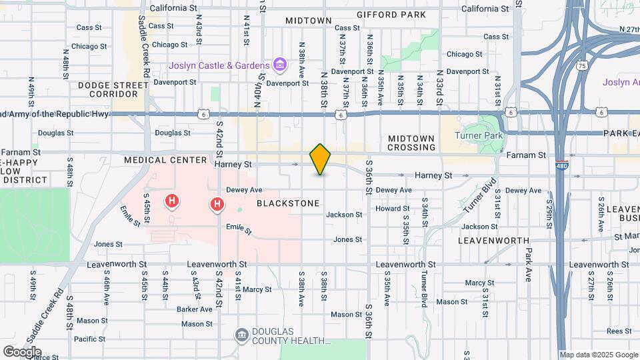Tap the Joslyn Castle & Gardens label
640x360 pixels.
pos(219,65)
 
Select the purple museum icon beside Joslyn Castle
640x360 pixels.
pos(281,65)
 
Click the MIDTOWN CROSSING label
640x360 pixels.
pos(411,143)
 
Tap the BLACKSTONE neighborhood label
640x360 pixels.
pos(288,203)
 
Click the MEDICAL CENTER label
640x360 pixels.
pos(166,160)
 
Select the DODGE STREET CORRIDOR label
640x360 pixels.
pos(113,90)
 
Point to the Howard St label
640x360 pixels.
pos(387,209)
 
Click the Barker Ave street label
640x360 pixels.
pos(194,309)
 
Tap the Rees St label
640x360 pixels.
pos(619,331)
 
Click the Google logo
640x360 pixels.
pos(22,351)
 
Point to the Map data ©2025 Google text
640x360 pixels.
pos(598,355)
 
